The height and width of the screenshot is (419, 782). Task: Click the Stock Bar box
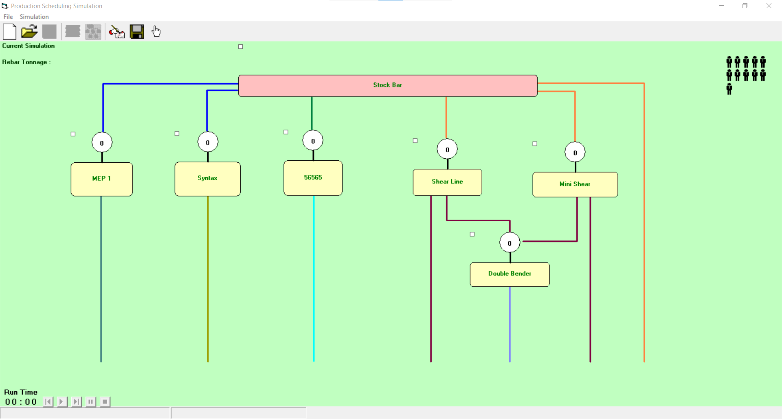click(387, 85)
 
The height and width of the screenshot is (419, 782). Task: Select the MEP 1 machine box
click(101, 179)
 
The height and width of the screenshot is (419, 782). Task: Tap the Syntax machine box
click(207, 179)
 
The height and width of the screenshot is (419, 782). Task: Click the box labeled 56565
click(313, 178)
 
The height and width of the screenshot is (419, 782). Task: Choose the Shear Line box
click(447, 182)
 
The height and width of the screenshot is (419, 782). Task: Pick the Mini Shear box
click(575, 184)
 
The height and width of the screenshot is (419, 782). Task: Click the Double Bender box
click(510, 274)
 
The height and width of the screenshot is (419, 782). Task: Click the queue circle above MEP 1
click(102, 143)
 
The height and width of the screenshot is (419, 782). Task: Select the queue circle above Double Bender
click(510, 243)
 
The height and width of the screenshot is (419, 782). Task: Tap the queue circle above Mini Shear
click(575, 153)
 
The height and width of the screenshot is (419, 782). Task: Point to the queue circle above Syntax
click(208, 142)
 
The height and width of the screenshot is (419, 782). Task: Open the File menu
click(8, 17)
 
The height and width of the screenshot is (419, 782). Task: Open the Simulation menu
click(34, 17)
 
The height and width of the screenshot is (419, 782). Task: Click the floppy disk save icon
click(137, 31)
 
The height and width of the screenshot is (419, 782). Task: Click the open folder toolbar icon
click(29, 31)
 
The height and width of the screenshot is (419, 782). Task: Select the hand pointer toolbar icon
click(156, 31)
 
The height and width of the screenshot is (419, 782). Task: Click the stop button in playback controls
click(105, 402)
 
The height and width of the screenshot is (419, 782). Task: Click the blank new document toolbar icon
click(9, 31)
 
